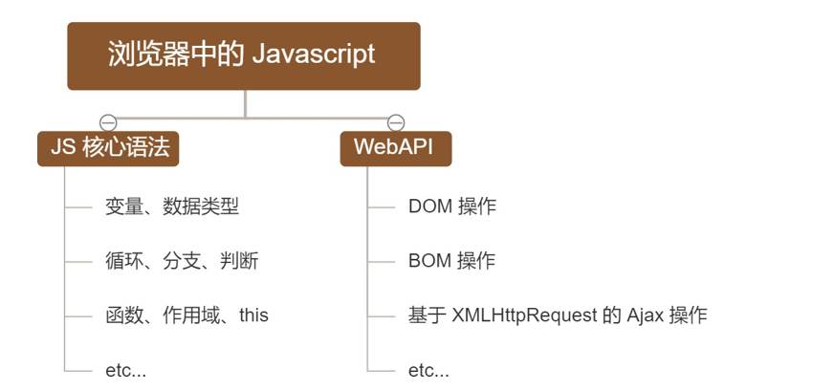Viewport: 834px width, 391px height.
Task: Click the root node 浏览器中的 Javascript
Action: tap(243, 55)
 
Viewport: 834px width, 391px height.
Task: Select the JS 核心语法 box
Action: tap(108, 148)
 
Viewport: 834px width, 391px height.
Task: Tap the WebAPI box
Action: tap(395, 148)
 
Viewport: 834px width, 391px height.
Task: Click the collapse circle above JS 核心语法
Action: tap(108, 122)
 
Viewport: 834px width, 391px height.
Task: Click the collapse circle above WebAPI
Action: tap(395, 122)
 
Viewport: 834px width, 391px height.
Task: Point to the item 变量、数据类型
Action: tap(171, 206)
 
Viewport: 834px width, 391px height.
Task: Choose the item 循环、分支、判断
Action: tap(182, 261)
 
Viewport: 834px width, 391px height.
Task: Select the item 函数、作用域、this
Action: tap(187, 315)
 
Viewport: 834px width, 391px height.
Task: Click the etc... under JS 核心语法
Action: tap(125, 370)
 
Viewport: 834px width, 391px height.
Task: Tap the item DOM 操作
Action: tap(451, 206)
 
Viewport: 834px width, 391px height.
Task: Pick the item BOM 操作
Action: tap(451, 261)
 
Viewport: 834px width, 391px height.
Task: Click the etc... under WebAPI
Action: tap(428, 370)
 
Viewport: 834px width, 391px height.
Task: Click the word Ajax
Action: tap(646, 315)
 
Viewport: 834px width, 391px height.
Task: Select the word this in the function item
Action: tap(253, 315)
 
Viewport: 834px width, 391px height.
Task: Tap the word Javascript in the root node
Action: tap(314, 54)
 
